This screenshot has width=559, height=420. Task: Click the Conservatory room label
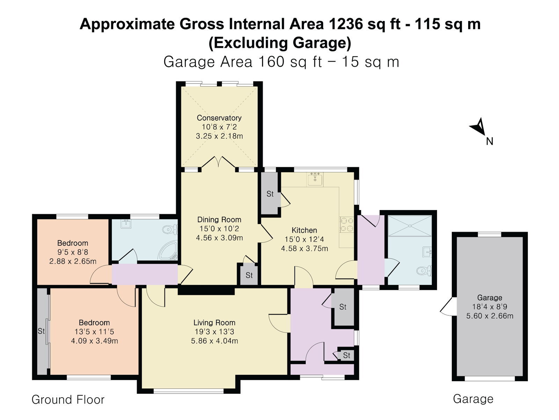click(x=219, y=118)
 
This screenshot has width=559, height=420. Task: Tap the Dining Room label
click(x=219, y=219)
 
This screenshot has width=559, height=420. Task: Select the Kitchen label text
click(x=304, y=230)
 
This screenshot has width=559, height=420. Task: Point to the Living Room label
click(x=214, y=323)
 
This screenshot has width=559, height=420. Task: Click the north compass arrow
click(x=478, y=127)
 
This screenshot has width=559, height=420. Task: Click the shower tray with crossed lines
click(x=410, y=226)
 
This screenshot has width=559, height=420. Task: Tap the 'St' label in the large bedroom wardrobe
click(x=41, y=331)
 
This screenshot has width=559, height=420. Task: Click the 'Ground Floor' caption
click(x=68, y=400)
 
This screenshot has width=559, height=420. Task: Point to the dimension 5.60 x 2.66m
click(x=489, y=316)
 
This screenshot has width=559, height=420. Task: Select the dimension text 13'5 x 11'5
click(x=94, y=332)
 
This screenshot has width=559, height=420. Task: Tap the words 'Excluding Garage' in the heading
click(x=279, y=43)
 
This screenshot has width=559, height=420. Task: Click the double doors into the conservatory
click(x=218, y=162)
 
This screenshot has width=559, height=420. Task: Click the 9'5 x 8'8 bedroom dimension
click(x=73, y=252)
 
